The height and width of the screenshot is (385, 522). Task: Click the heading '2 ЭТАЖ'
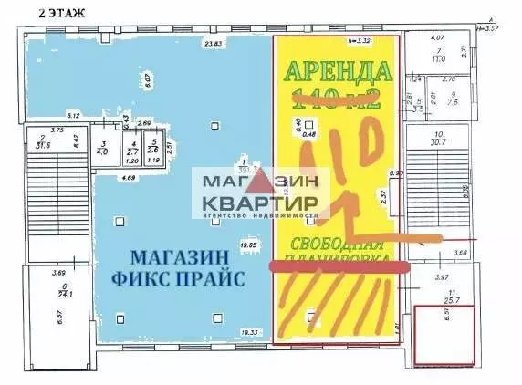(63, 12)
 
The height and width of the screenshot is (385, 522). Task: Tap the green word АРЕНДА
(339, 71)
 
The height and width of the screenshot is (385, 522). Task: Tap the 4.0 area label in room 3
(104, 151)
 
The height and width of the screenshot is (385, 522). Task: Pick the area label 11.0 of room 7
(438, 57)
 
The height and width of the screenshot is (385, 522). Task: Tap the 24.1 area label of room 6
(62, 294)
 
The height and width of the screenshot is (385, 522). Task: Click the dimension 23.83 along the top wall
(214, 44)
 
